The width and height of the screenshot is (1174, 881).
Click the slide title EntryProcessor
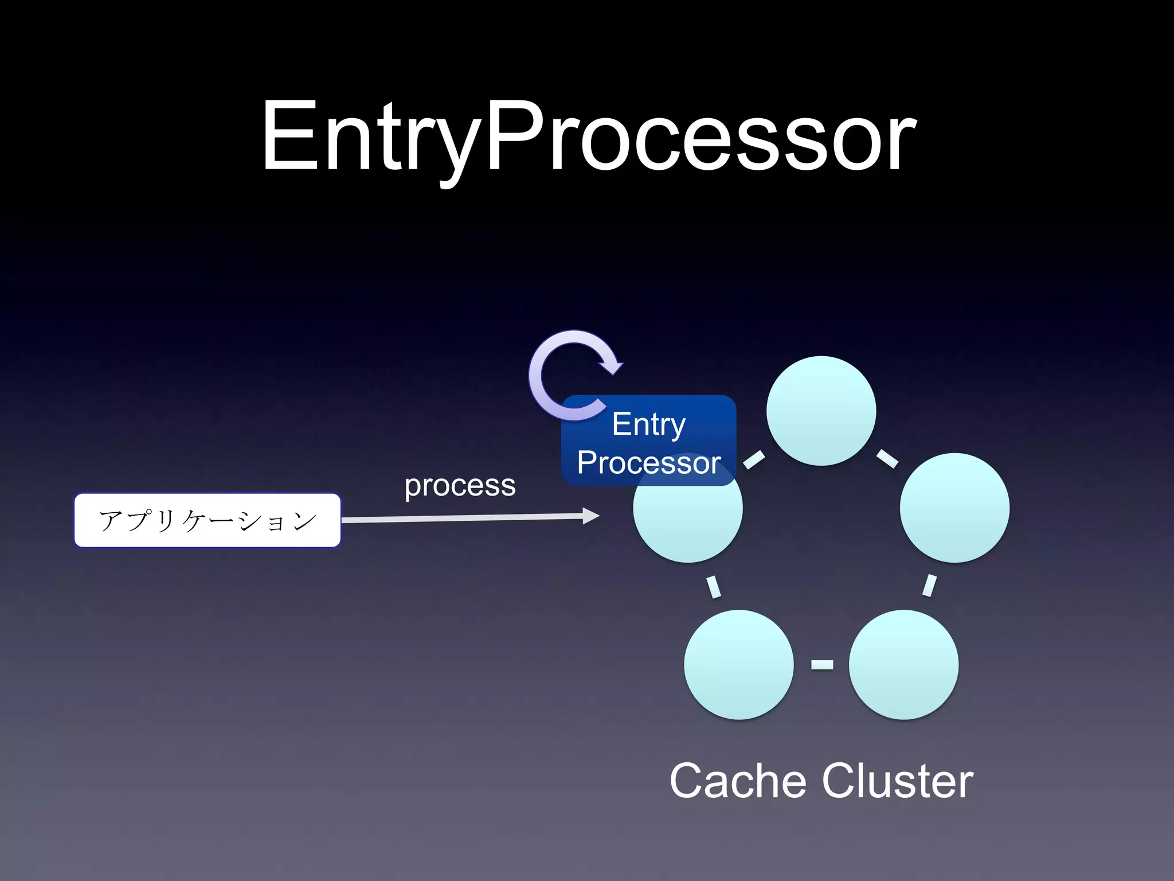[588, 138]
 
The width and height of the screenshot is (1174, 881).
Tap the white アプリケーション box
[208, 520]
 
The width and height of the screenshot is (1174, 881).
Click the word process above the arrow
[460, 485]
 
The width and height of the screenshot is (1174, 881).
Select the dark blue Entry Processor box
[648, 440]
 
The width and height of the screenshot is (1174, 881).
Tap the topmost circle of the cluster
[821, 411]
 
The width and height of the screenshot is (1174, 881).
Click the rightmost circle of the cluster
[954, 508]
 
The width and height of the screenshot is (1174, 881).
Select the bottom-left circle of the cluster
[738, 664]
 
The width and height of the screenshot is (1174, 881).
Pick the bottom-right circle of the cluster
[903, 664]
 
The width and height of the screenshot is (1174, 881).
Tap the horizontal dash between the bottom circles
[822, 664]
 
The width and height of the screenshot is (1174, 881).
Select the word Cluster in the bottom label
[897, 781]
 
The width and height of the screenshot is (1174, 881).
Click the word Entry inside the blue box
[648, 424]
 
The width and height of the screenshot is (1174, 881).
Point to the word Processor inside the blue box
[648, 463]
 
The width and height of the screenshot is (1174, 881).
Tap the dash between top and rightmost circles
[887, 458]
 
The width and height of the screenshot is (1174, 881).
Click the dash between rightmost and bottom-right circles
[929, 585]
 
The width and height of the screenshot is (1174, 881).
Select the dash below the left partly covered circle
[714, 586]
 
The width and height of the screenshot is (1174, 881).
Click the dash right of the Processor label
[754, 459]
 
